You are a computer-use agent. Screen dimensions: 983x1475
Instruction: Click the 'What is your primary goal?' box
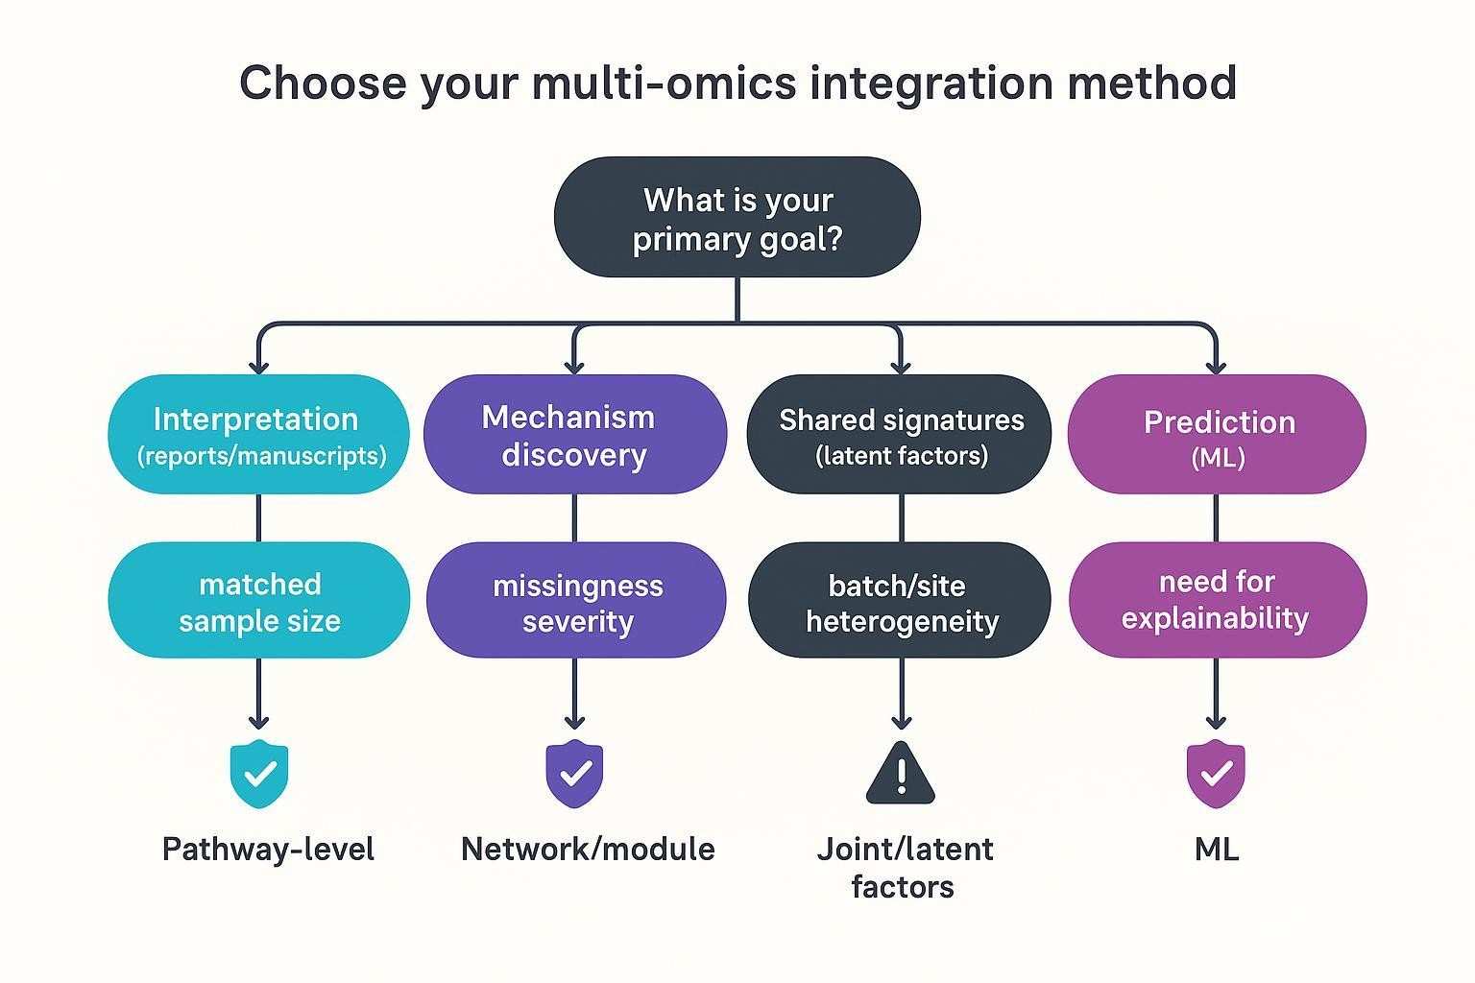(737, 218)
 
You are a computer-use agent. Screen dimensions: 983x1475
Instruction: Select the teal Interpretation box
(257, 435)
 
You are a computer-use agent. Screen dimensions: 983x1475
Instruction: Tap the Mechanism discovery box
(574, 435)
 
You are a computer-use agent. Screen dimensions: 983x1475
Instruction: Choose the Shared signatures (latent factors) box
(900, 435)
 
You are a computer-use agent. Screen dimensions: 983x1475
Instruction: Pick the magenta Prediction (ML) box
(1217, 435)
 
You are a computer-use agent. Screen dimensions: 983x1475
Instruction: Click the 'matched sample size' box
(258, 601)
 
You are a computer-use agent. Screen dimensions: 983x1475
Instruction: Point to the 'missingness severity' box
(576, 601)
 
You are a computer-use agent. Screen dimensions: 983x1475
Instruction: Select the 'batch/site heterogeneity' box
(900, 601)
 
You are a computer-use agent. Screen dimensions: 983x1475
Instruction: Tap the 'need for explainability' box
(1217, 601)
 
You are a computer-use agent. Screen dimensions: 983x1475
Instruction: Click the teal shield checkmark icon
(258, 774)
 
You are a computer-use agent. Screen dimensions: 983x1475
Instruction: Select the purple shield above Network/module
(574, 774)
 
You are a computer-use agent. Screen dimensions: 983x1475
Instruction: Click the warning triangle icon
(900, 774)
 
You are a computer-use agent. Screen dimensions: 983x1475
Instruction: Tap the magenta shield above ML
(1216, 774)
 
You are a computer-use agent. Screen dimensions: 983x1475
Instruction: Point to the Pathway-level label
(268, 849)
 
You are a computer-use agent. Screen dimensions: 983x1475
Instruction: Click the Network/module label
(588, 849)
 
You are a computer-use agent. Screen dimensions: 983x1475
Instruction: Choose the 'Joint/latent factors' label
(903, 867)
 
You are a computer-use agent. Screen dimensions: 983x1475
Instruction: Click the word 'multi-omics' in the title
(664, 84)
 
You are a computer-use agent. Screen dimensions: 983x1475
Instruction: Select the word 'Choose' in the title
(323, 84)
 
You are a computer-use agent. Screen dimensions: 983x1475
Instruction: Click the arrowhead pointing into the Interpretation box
(257, 366)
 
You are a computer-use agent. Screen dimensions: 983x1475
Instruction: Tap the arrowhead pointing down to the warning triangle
(901, 721)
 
